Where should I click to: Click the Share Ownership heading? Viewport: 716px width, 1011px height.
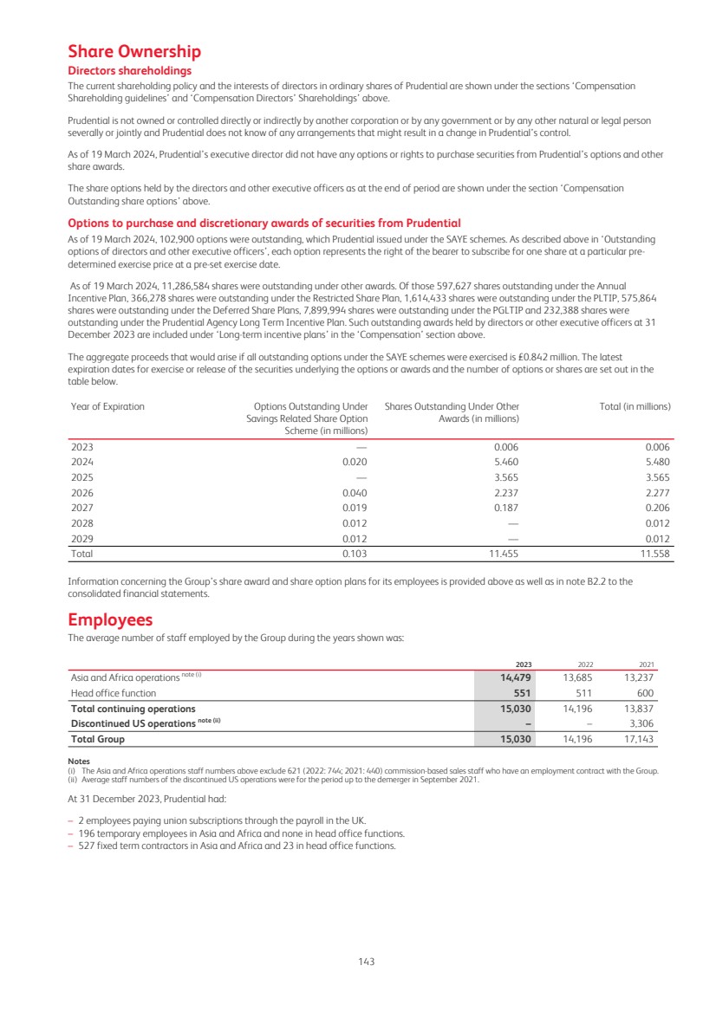click(x=134, y=52)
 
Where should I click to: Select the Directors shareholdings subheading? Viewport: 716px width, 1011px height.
click(x=129, y=71)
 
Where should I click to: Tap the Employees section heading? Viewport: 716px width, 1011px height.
click(x=110, y=620)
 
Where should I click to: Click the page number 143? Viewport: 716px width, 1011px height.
click(x=367, y=960)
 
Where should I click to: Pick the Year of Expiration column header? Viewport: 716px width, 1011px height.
click(x=107, y=406)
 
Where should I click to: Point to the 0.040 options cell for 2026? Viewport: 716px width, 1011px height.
click(x=355, y=492)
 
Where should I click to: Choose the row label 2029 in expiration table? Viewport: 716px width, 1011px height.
click(x=81, y=538)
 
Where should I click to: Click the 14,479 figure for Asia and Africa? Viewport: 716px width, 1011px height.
click(x=516, y=677)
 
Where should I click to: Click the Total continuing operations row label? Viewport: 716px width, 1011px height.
click(x=133, y=709)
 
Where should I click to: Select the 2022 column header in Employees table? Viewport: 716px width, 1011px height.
click(x=585, y=664)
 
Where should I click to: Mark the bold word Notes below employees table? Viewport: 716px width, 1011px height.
click(x=79, y=761)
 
